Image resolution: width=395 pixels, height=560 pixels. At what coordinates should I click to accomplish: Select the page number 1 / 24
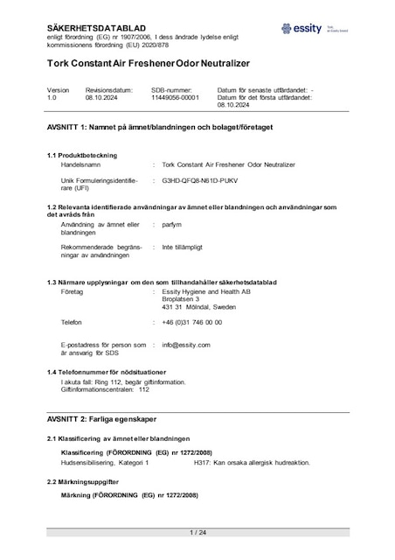tap(197, 532)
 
